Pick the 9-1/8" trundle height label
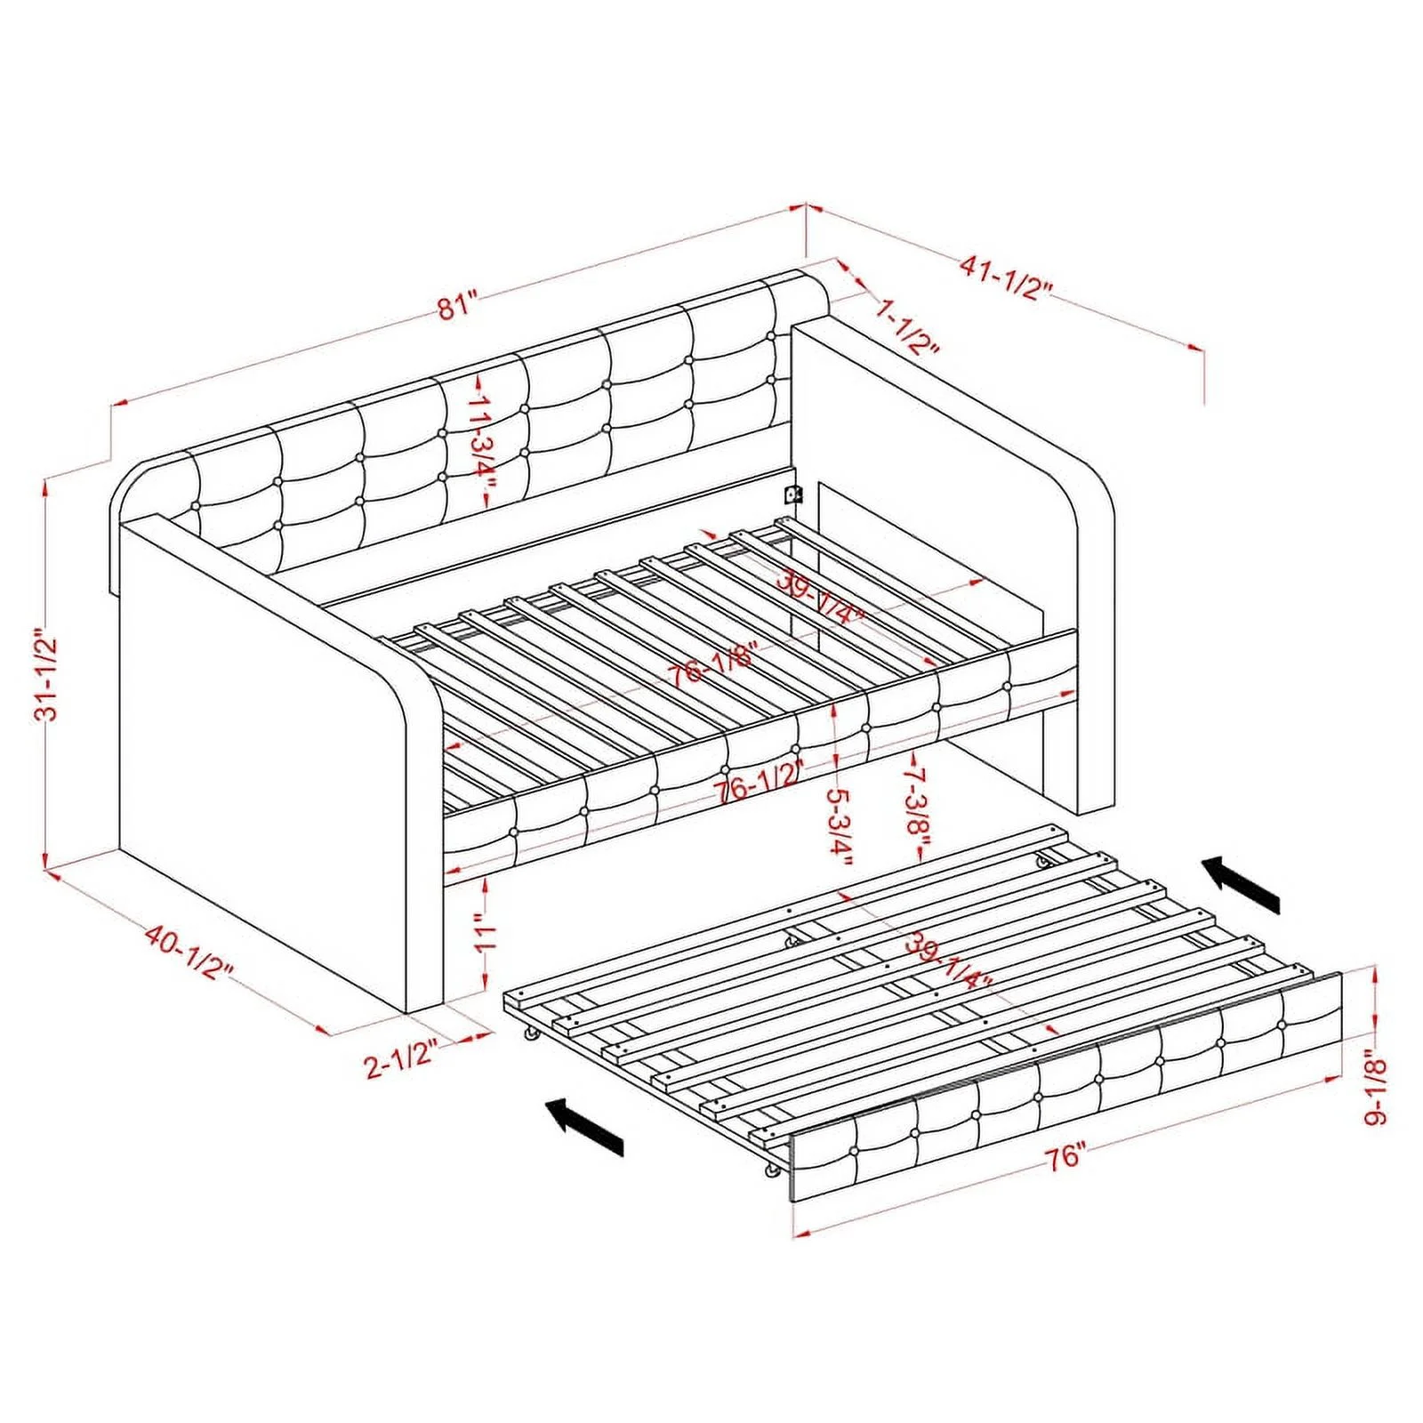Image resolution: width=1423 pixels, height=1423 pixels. (x=1377, y=1089)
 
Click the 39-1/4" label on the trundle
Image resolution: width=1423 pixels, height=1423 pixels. (x=948, y=961)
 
